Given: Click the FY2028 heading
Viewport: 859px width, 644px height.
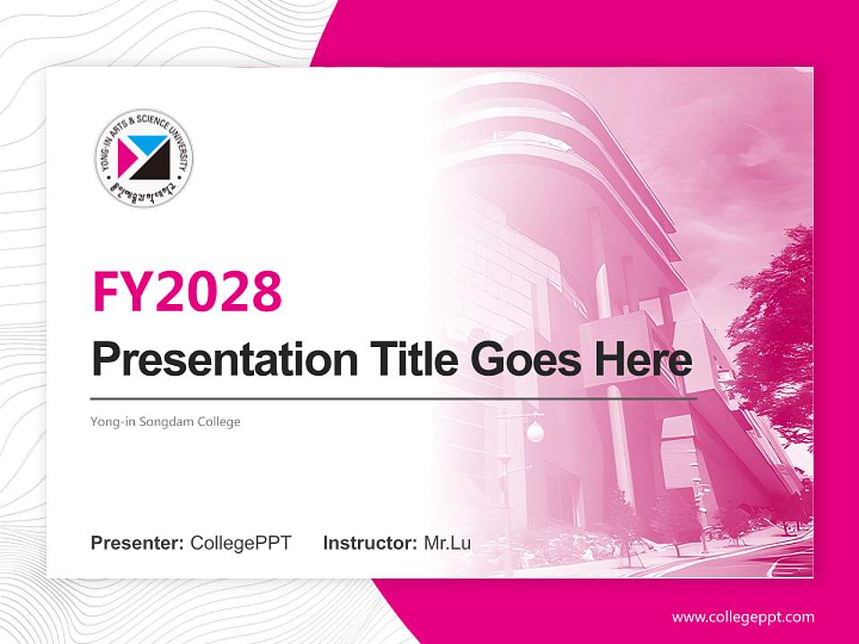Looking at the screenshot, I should pos(187,291).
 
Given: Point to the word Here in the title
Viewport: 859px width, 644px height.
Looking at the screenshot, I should pos(642,360).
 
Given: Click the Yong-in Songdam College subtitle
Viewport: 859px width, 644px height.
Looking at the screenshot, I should pos(166,421).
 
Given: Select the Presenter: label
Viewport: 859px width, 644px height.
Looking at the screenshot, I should pos(137,543).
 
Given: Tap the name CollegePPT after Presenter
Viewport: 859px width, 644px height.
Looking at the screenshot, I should pos(241,543).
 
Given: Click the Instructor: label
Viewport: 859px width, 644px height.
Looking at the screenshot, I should pos(370,543).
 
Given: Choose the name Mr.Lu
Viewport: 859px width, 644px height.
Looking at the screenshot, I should pos(447,543).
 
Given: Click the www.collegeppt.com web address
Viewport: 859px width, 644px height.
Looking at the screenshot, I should pos(743,616).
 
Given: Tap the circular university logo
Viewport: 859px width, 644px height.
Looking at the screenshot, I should pos(144,159).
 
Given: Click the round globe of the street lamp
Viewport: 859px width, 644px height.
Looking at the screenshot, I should pos(534,432).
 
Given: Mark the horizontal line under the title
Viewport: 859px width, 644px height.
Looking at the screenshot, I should pos(394,398).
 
